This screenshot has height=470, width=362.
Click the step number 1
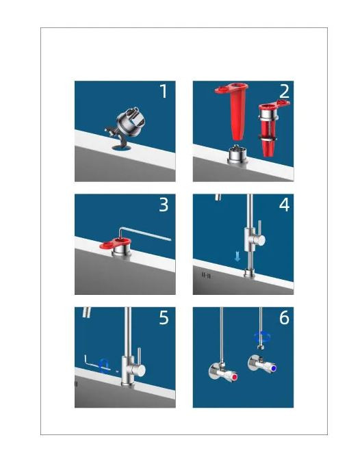coord(164,91)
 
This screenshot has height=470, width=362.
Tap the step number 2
coord(284,92)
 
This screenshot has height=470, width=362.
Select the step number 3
coord(164,205)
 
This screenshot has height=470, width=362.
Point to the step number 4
coord(284,205)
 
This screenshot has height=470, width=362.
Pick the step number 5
coord(164,317)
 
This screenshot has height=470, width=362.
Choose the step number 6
coord(284,317)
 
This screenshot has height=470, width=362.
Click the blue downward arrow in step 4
coord(237,257)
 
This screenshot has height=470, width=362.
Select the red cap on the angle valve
coord(234,376)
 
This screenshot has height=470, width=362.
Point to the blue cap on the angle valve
coord(272,368)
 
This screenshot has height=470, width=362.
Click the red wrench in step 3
coord(116,244)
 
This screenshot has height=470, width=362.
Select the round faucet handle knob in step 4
coord(259,239)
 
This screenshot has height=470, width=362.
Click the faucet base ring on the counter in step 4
coord(249,273)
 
